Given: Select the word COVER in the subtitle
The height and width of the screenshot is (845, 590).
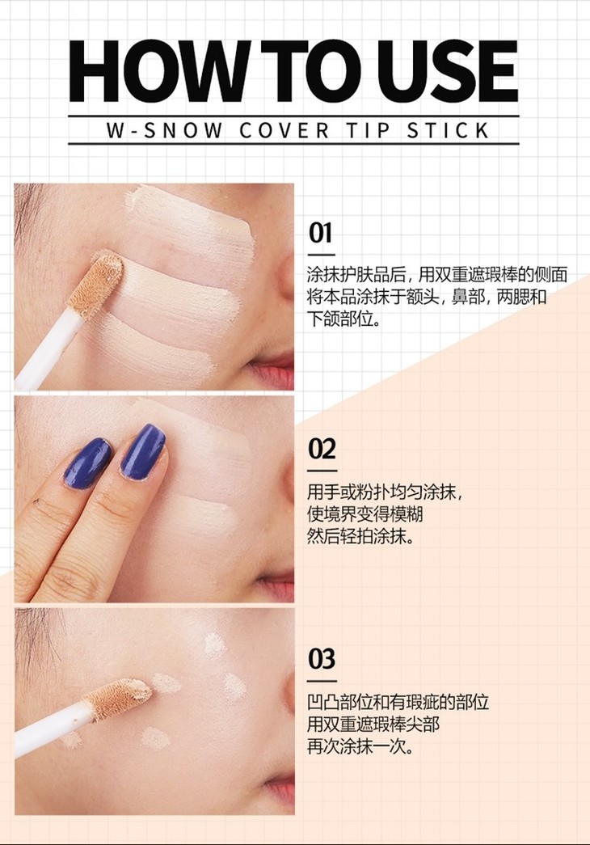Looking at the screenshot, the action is tap(284, 130).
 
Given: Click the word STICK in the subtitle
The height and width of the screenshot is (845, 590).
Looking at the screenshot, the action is tap(448, 130).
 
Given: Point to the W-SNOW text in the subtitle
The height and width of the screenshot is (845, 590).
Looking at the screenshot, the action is tap(164, 130).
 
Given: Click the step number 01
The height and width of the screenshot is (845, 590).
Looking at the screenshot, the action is tap(320, 233).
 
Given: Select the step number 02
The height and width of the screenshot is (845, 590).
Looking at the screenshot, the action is tap(322, 448).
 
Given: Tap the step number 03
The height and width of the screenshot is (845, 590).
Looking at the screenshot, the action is tap(322, 658).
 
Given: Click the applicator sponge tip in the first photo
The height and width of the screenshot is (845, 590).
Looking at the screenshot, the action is tap(97, 284).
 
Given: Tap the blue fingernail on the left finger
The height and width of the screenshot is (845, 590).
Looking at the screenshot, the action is tap(87, 463).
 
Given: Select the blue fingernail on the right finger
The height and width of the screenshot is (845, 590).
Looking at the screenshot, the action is tap(143, 451).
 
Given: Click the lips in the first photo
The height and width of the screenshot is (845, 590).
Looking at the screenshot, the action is tap(272, 370).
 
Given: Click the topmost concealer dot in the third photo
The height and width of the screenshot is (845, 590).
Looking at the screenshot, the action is tap(215, 644).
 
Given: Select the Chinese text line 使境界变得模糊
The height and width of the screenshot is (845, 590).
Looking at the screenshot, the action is tap(365, 514).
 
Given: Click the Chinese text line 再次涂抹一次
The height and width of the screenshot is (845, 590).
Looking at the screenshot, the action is tap(360, 746).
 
